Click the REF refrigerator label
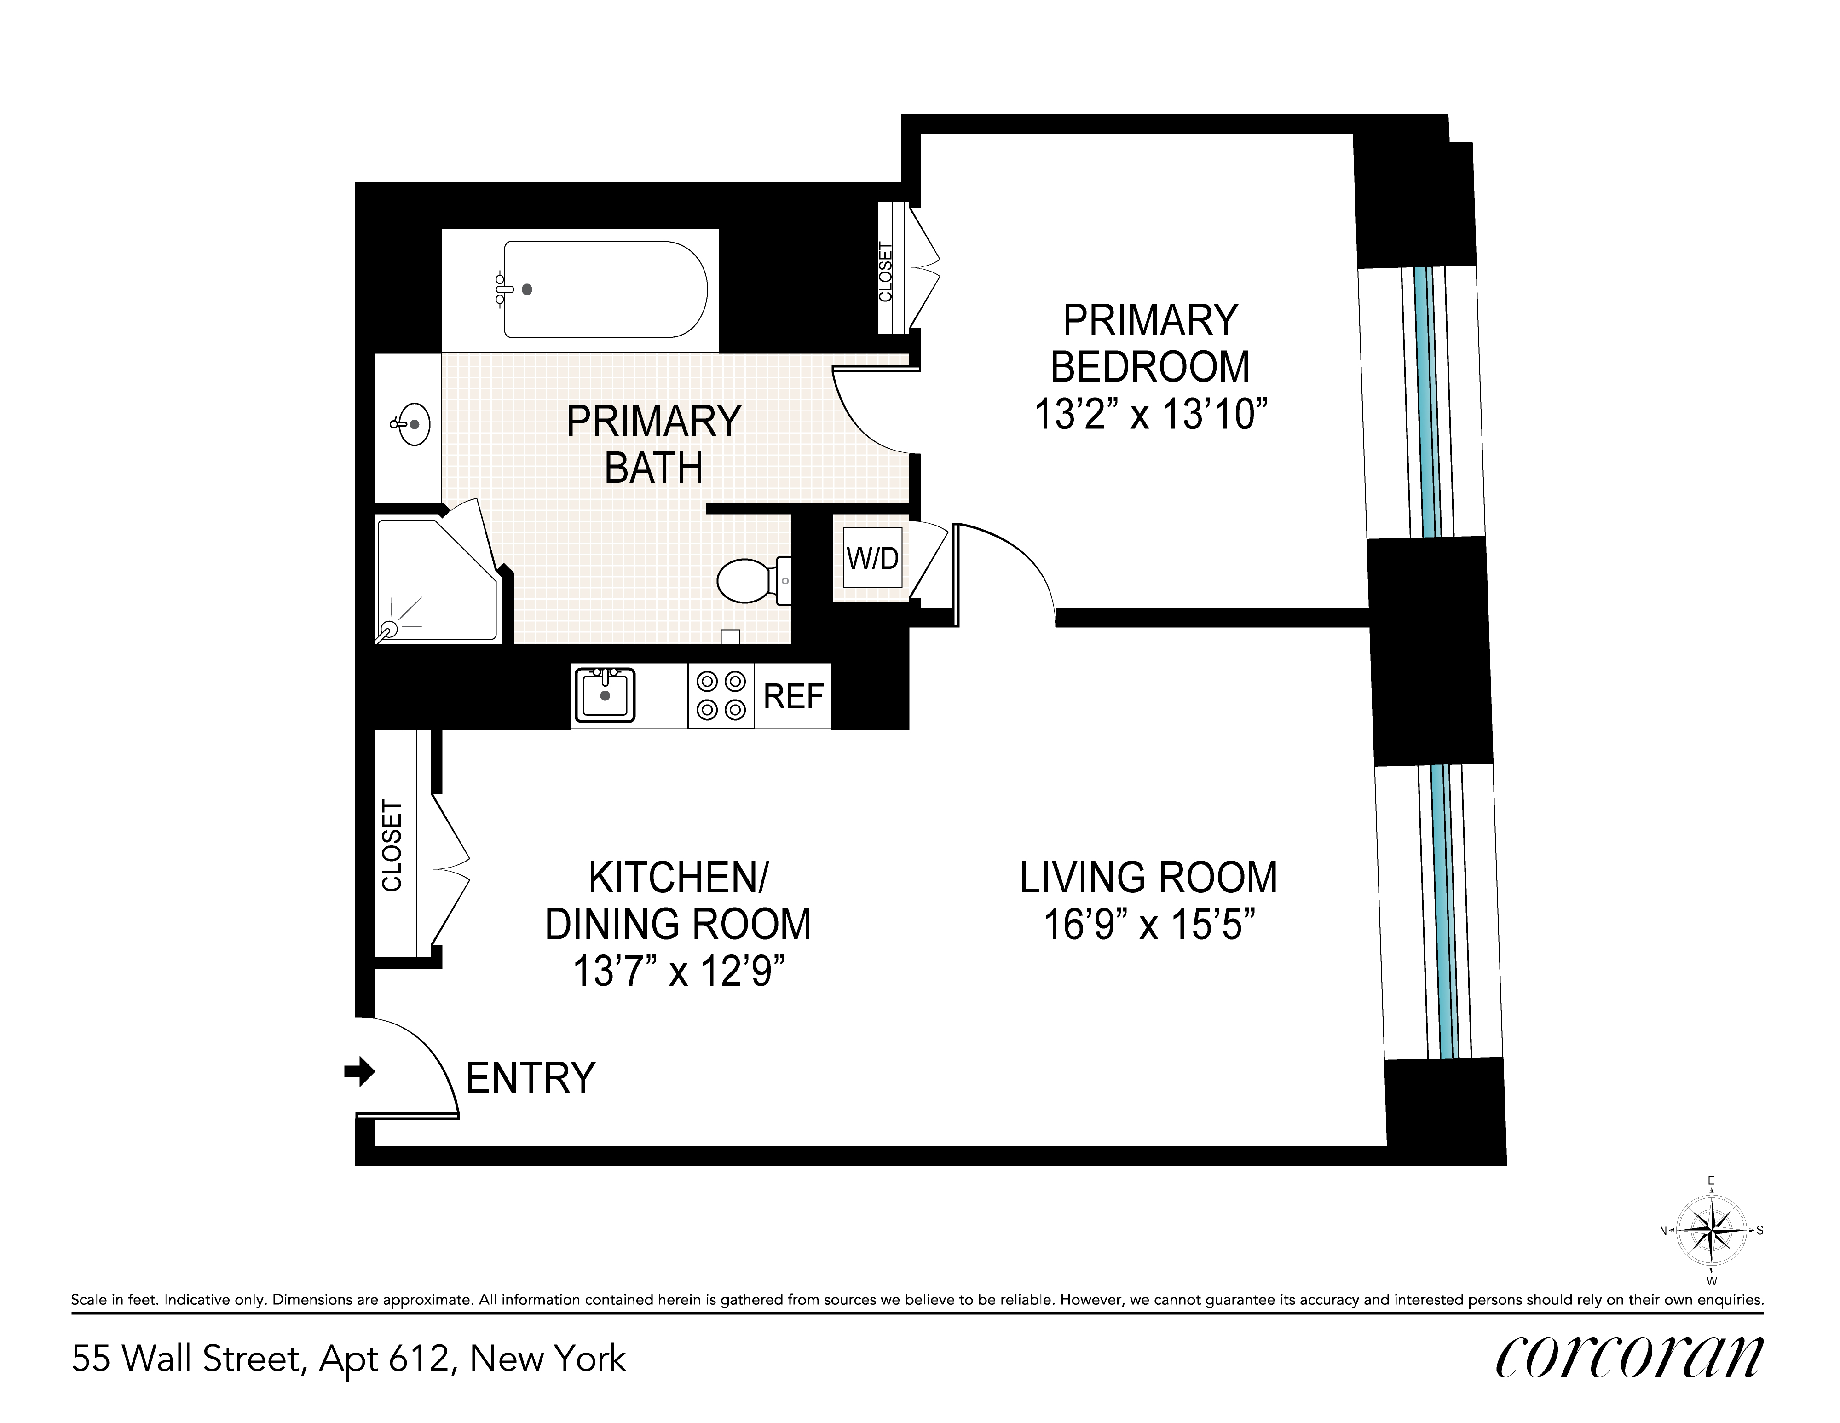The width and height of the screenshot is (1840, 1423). [x=793, y=697]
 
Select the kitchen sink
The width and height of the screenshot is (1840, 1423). [x=604, y=695]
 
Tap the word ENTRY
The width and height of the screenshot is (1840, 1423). [x=531, y=1078]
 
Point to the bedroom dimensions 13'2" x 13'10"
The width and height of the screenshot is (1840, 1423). [x=1151, y=416]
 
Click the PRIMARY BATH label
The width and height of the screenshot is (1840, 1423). [x=654, y=444]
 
